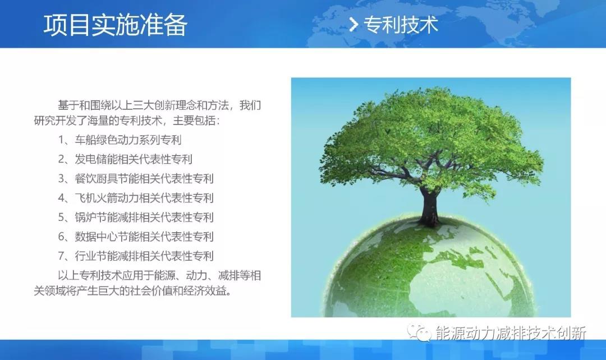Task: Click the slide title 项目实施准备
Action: [116, 25]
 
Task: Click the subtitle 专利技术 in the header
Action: [401, 25]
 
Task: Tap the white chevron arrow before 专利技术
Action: [353, 25]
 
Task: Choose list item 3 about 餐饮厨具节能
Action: [136, 179]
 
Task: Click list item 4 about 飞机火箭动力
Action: [136, 198]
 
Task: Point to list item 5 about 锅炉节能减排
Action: [136, 218]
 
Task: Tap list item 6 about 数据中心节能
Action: [136, 237]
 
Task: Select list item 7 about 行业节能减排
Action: [136, 256]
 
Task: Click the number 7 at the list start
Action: [61, 256]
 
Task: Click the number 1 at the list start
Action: [61, 140]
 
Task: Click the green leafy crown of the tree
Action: [432, 135]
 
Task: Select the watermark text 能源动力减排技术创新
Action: [511, 333]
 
